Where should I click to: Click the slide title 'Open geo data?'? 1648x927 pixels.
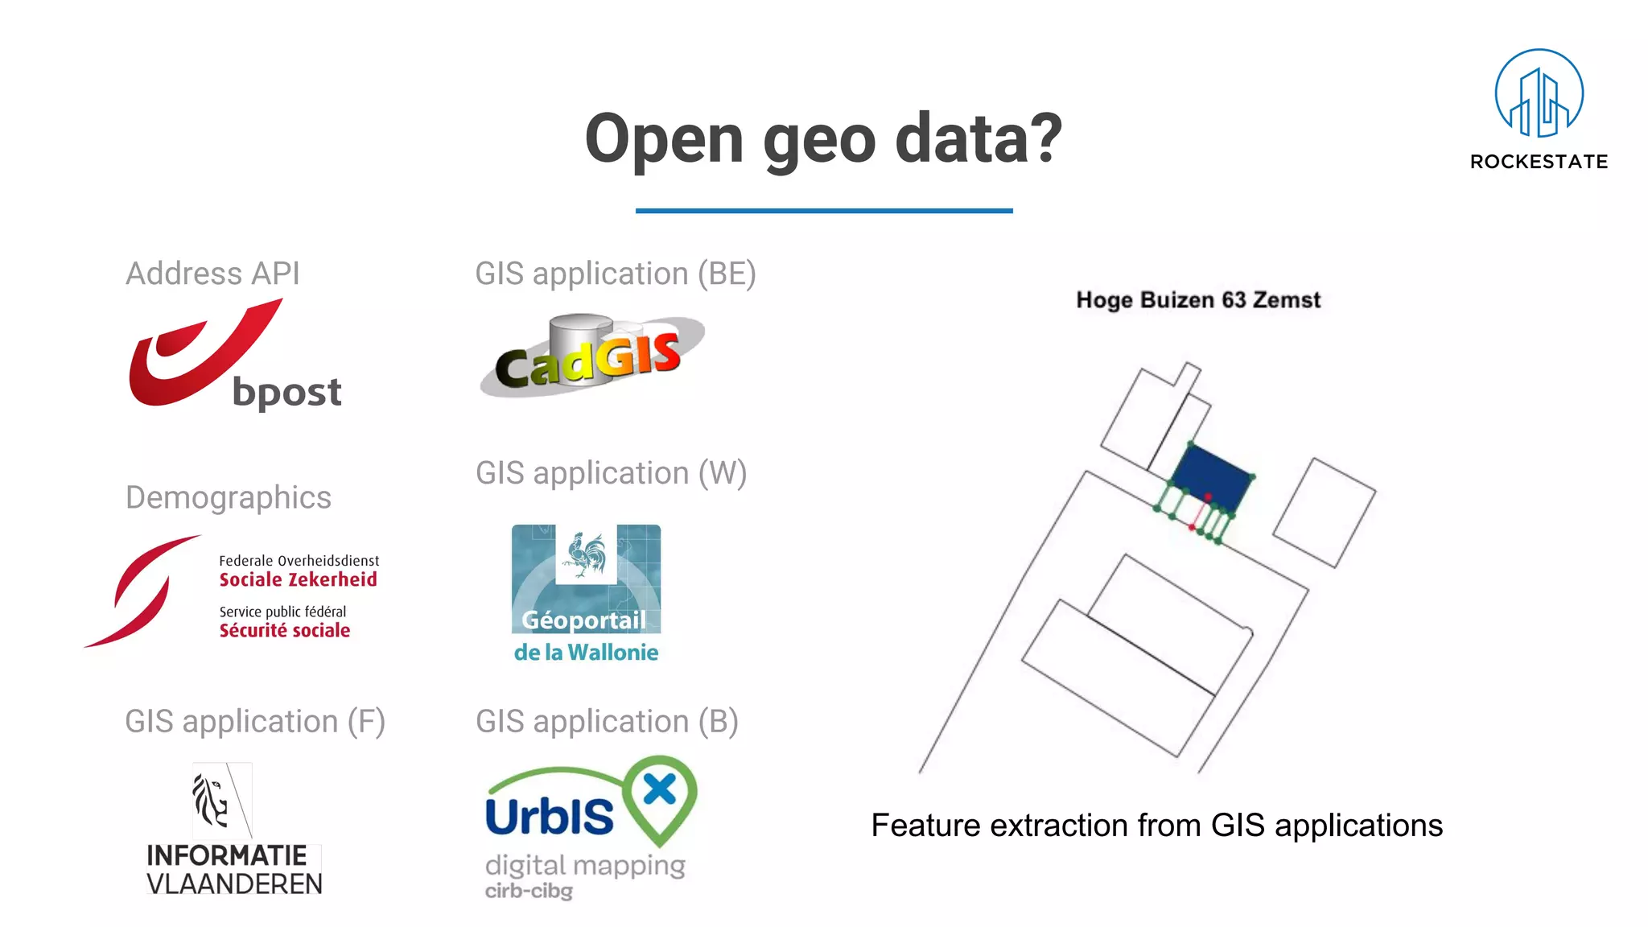click(823, 138)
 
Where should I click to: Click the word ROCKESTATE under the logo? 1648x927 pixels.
click(1539, 162)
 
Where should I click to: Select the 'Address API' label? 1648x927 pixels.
click(212, 274)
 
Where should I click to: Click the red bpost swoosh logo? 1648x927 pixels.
click(193, 354)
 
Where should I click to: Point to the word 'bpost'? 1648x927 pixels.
click(286, 393)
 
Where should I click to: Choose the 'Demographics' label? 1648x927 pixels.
click(229, 497)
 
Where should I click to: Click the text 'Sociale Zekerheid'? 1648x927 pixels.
click(298, 579)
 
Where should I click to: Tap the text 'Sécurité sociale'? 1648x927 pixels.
click(285, 630)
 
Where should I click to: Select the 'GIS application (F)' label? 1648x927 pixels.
click(255, 721)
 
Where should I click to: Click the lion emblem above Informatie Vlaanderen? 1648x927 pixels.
click(212, 800)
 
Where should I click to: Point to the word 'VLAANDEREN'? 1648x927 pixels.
click(234, 884)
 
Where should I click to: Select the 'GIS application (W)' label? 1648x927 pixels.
click(611, 473)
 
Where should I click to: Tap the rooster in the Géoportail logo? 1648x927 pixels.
click(586, 554)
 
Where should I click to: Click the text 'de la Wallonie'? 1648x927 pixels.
click(586, 652)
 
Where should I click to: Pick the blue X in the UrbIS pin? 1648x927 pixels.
click(660, 789)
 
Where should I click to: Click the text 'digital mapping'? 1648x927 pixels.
click(585, 865)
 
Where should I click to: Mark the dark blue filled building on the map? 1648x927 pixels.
click(1212, 476)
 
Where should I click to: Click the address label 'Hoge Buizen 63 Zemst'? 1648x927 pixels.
click(1198, 300)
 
